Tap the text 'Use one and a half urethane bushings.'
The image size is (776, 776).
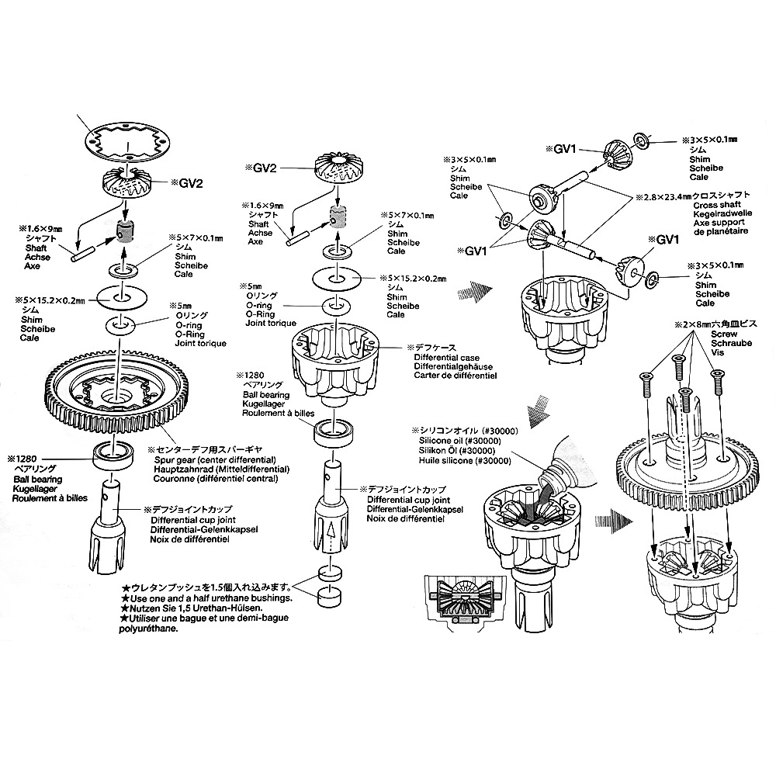pos(206,599)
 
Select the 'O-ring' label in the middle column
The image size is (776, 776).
pos(260,306)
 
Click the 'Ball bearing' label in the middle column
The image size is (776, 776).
pos(266,395)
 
